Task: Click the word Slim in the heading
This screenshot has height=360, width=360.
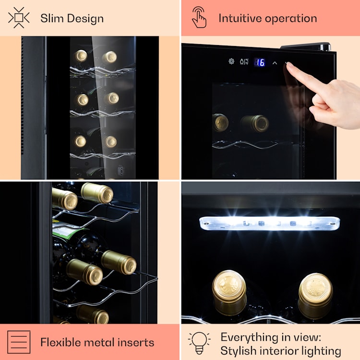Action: pos(52,18)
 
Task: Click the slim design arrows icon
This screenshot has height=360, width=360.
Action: pos(19,18)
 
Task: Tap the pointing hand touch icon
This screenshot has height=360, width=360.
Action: pos(199,17)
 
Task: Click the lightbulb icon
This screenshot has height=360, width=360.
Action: pos(199,343)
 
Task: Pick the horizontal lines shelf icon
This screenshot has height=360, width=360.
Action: pos(19,342)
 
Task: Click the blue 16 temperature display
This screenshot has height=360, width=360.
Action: pos(260,62)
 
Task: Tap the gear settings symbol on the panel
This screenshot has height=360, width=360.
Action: pos(231,61)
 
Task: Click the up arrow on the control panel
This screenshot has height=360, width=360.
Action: pos(275,63)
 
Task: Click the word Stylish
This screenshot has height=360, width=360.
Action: pos(238,351)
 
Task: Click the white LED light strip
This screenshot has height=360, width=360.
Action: pos(270,223)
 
